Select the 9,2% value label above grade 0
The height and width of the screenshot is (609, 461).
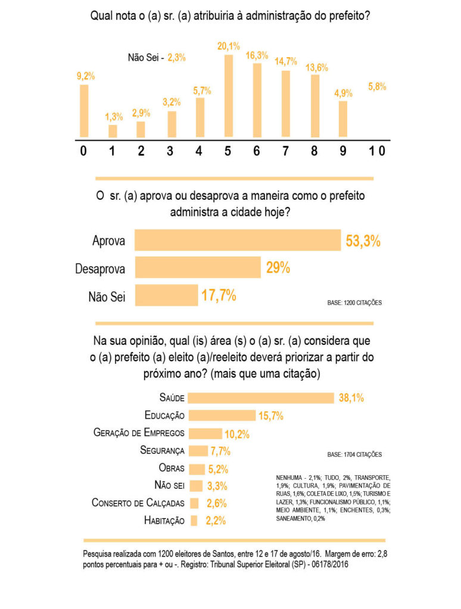[85, 76]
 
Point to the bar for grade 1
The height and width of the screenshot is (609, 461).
[113, 131]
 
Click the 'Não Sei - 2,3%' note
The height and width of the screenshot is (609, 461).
[157, 58]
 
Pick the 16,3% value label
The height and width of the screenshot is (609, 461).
[257, 55]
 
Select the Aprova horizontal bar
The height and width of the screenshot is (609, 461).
[238, 241]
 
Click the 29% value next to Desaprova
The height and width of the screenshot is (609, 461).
[278, 268]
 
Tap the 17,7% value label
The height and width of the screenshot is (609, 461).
[219, 295]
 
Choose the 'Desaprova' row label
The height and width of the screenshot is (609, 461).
[100, 269]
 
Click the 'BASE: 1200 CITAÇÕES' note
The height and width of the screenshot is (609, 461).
[354, 303]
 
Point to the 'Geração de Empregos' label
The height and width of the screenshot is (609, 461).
[139, 432]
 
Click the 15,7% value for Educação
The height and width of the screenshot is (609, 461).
[270, 415]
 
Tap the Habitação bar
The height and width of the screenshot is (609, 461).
[194, 520]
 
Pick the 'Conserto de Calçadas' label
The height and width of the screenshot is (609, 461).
[138, 503]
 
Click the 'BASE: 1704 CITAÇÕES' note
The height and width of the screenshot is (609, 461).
[354, 454]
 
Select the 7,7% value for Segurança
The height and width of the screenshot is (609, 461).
[219, 450]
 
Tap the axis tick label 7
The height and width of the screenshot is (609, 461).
[285, 151]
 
